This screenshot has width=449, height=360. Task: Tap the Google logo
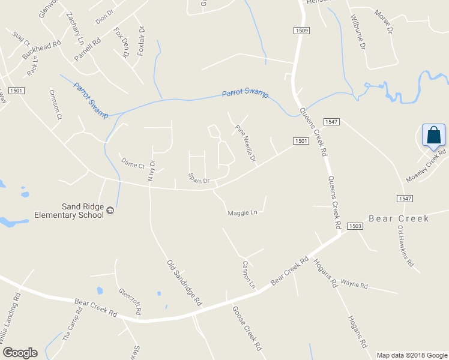pyautogui.click(x=19, y=353)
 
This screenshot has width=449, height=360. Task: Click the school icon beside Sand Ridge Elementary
pyautogui.click(x=110, y=210)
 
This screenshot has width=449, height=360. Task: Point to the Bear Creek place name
pyautogui.click(x=399, y=219)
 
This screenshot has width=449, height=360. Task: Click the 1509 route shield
pyautogui.click(x=302, y=31)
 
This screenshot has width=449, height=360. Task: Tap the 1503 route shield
pyautogui.click(x=355, y=226)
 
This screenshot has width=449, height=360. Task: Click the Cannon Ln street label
pyautogui.click(x=249, y=274)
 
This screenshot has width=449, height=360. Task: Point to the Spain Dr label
pyautogui.click(x=198, y=179)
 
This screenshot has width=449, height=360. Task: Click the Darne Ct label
pyautogui.click(x=133, y=164)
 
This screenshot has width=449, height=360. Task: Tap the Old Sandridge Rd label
pyautogui.click(x=183, y=284)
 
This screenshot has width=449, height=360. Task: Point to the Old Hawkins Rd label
pyautogui.click(x=406, y=245)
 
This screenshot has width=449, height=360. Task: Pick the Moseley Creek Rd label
pyautogui.click(x=426, y=166)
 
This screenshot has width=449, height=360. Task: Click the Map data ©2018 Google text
pyautogui.click(x=412, y=355)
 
